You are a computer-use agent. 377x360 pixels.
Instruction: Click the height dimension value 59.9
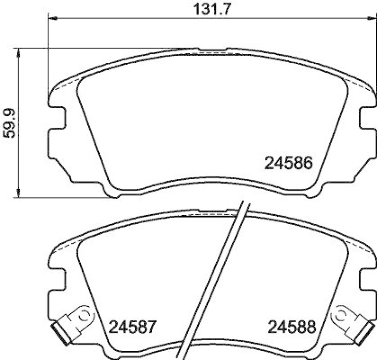[x=10, y=122]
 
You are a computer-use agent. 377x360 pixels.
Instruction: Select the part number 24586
[x=289, y=163]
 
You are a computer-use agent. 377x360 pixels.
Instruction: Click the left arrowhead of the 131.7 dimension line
[x=52, y=18]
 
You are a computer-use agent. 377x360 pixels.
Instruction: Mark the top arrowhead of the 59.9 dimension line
[x=18, y=51]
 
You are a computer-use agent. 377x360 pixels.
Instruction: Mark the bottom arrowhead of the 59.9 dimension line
[x=18, y=192]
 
